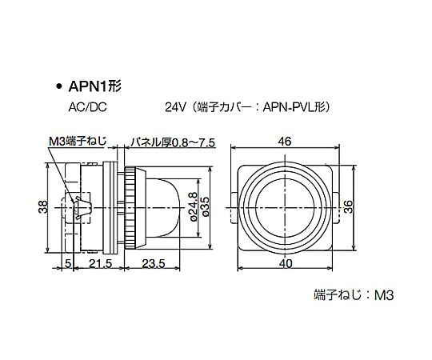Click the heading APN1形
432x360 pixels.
click(95, 86)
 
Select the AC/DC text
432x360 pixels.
click(87, 107)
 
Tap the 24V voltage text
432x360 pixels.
click(176, 107)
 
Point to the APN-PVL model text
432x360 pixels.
click(292, 107)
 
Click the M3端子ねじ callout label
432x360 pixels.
click(78, 142)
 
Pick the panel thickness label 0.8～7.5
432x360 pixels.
click(193, 143)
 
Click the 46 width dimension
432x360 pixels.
click(285, 142)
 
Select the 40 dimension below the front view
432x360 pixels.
click(286, 263)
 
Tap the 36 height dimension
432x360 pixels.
click(349, 206)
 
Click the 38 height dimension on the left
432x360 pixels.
click(43, 207)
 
